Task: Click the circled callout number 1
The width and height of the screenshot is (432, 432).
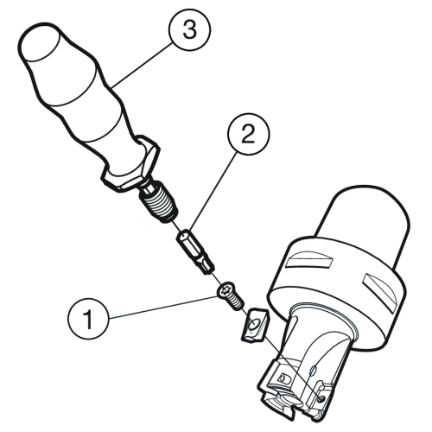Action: click(89, 319)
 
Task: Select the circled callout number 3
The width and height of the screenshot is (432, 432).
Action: click(190, 29)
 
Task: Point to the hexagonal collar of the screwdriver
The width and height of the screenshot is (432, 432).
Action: click(130, 163)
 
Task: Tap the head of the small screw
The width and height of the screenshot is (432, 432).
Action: click(227, 291)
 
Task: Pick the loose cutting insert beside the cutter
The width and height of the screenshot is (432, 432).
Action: click(253, 325)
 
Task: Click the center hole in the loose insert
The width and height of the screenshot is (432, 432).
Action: click(255, 324)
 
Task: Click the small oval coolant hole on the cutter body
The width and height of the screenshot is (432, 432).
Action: click(314, 370)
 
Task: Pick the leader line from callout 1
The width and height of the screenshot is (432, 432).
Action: click(162, 308)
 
